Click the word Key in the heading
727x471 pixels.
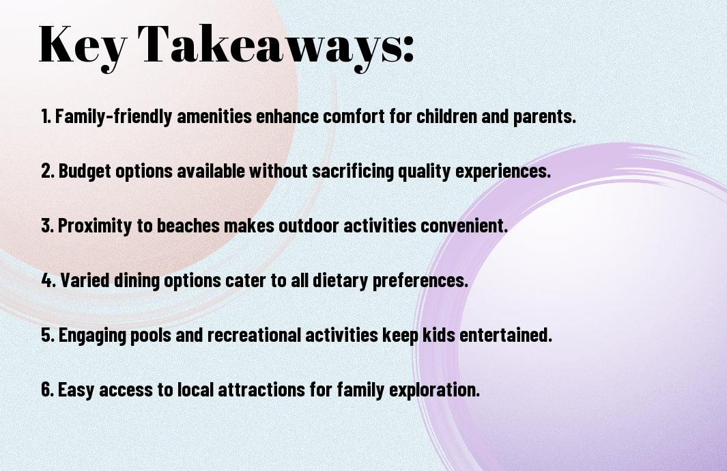[x=83, y=47]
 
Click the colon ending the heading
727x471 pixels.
[x=408, y=50]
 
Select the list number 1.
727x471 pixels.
[x=46, y=116]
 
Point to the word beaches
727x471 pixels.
[x=188, y=226]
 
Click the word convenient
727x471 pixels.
[x=464, y=226]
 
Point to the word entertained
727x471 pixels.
[x=505, y=334]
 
